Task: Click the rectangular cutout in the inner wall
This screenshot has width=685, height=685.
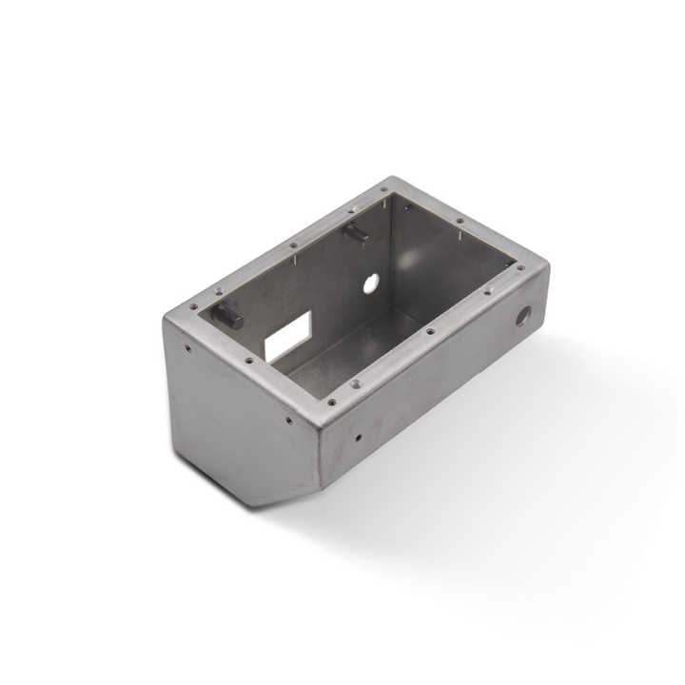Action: [287, 337]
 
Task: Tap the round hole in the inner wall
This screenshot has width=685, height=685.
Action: [371, 283]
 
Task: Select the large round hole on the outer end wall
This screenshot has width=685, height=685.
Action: [523, 316]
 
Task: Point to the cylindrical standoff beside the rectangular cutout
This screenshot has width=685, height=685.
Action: [228, 317]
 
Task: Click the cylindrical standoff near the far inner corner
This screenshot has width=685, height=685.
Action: [357, 232]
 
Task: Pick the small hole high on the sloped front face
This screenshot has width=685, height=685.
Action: [187, 348]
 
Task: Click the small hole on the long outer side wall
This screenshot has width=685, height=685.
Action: [358, 439]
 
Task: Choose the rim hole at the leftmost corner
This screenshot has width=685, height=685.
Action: [193, 306]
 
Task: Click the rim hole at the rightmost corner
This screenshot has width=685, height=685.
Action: [520, 268]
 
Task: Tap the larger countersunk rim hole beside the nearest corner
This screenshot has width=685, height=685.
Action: [356, 384]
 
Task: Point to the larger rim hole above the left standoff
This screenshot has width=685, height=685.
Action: [220, 291]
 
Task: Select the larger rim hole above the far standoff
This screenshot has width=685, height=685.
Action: [352, 209]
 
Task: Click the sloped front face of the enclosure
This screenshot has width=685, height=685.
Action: [238, 419]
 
